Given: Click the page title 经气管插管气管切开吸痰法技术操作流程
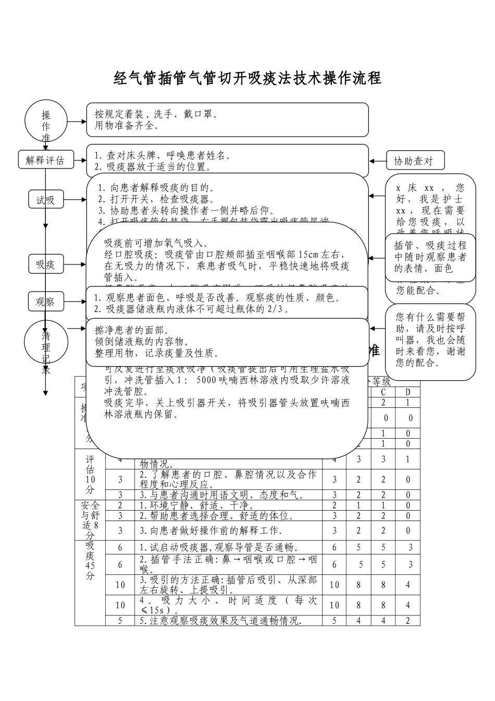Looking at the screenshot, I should click(247, 78).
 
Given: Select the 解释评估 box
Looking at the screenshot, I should click(45, 161).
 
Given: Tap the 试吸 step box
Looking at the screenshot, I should click(45, 200).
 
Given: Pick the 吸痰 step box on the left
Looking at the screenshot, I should click(45, 264).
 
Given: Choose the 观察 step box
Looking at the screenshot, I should click(45, 301).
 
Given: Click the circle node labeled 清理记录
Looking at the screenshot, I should click(46, 344).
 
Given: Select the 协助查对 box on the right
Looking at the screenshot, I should click(415, 161).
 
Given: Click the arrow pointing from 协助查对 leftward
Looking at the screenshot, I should click(377, 161).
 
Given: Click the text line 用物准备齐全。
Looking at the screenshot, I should click(127, 126).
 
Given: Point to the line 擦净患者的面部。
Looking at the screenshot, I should click(131, 330).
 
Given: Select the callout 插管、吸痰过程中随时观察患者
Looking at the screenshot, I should click(430, 257).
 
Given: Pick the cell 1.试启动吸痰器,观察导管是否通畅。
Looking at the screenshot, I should click(219, 547).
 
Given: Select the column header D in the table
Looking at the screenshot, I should click(408, 392).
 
